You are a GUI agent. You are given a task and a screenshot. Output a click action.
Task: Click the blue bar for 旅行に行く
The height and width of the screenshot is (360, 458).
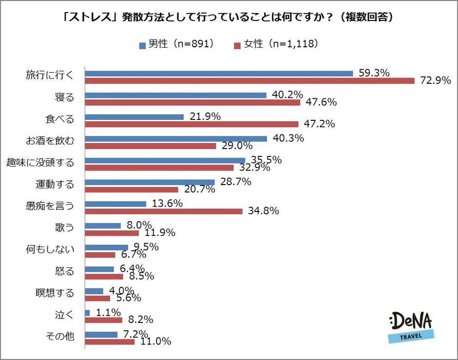coord(219,73)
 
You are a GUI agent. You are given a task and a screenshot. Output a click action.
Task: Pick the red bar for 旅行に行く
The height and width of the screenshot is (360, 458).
coord(249,81)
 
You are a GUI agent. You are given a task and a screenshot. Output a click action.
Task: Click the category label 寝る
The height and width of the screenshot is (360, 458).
coord(64,97)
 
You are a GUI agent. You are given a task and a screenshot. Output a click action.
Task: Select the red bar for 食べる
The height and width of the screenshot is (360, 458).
coord(191,124)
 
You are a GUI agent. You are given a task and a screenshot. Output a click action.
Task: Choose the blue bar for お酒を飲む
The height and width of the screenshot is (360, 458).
coord(176,138)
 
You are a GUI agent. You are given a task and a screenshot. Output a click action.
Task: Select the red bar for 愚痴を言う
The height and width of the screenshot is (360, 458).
coord(164,211)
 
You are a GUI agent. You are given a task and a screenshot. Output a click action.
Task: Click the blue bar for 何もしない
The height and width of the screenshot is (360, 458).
coord(107,247)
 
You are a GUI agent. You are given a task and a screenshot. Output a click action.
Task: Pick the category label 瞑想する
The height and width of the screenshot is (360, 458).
coord(55,293)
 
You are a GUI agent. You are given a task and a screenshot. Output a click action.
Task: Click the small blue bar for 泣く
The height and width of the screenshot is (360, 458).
coord(87,312)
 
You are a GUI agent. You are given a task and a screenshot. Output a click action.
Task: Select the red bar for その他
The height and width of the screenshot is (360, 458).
coord(110,341)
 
